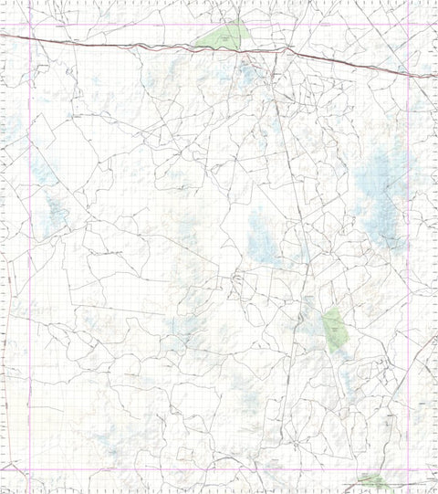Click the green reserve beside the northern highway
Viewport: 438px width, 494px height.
coord(223,37)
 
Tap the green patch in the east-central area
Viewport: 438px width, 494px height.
coord(334,328)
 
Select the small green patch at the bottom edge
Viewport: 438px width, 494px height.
coord(372,480)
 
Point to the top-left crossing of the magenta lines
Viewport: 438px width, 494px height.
coord(30,24)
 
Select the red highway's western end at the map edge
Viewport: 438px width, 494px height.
coord(2,35)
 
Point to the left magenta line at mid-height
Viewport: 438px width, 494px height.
coord(30,247)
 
